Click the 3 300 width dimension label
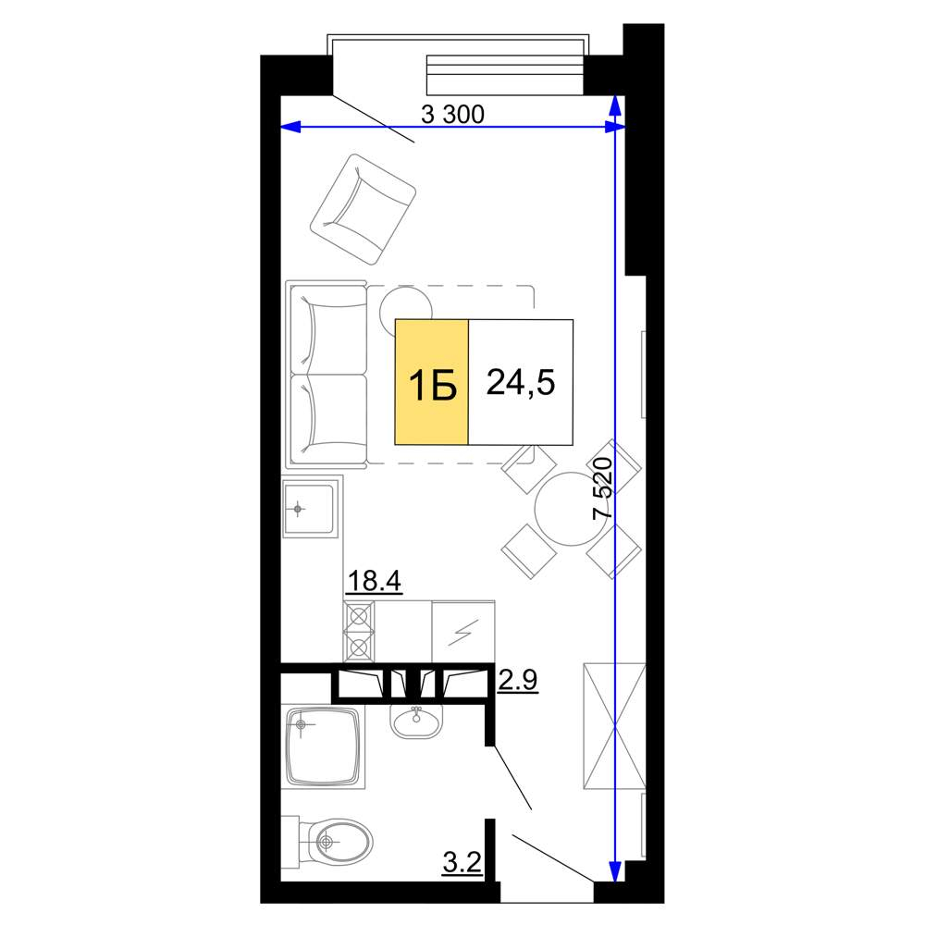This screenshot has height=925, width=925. (452, 115)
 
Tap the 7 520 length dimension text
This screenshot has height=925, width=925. (603, 487)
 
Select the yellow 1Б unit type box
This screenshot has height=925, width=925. (432, 382)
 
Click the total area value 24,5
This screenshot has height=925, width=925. (520, 382)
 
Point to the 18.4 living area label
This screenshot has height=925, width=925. (374, 581)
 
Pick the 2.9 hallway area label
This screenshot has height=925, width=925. (517, 680)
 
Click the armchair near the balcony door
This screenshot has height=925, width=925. (364, 209)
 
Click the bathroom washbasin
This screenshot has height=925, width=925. (416, 721)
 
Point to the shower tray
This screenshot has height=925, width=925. (323, 746)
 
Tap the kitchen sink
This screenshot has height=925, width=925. (309, 509)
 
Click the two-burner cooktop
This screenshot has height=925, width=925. (359, 632)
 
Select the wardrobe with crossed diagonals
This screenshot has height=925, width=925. (614, 725)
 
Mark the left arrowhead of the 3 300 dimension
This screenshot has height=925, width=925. (290, 127)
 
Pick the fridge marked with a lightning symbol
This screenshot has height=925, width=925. (463, 632)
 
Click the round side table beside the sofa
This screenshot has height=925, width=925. (405, 303)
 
